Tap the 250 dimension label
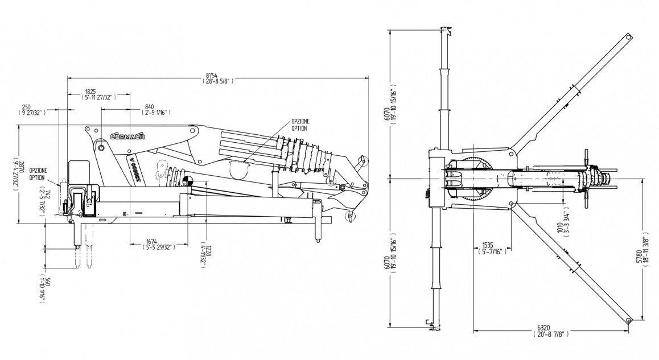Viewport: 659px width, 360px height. (26, 106)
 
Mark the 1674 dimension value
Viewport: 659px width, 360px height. (151, 241)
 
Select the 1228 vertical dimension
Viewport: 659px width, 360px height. (208, 253)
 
